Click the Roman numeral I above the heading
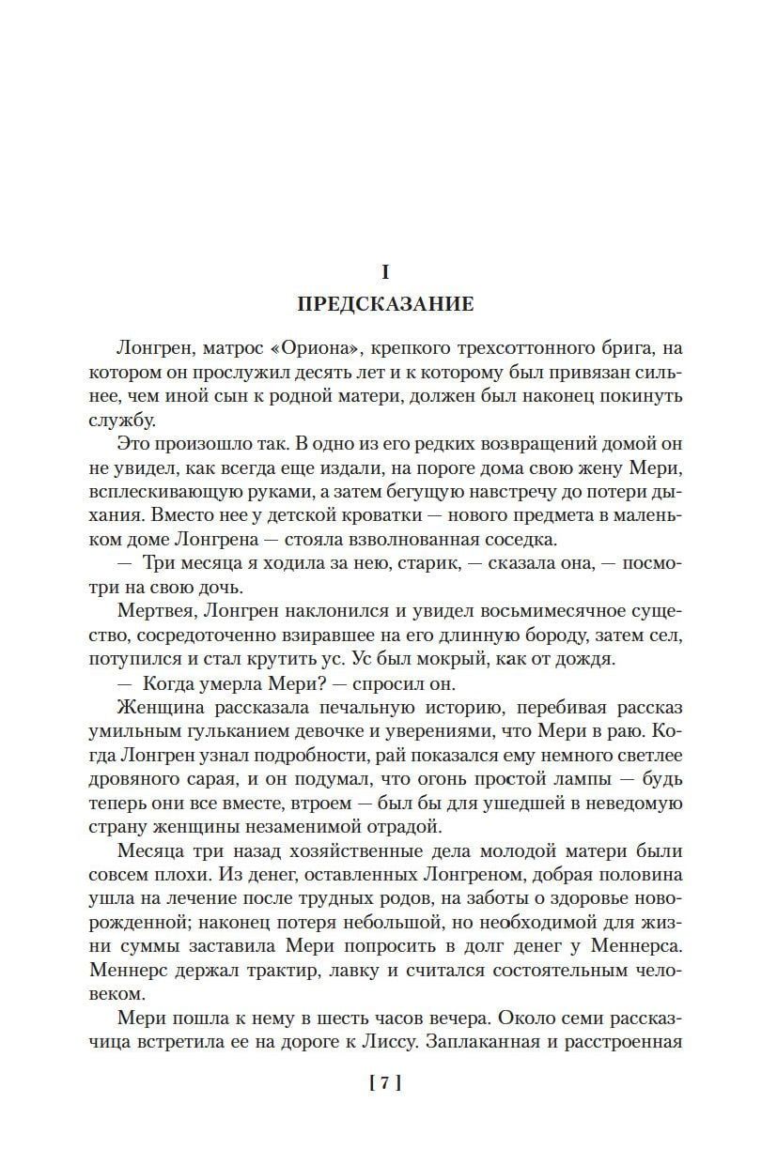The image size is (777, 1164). point(384,272)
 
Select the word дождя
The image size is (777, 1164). point(591,657)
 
